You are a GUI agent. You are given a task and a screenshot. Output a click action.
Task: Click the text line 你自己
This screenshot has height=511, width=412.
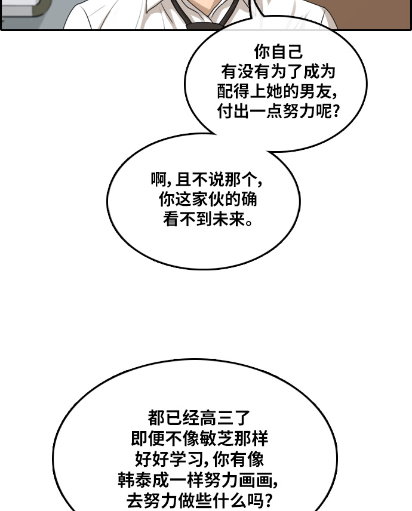278,52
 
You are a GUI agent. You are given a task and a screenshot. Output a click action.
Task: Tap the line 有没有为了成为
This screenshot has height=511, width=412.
278,72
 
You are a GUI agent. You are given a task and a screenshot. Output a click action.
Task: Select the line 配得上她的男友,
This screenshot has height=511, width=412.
278,92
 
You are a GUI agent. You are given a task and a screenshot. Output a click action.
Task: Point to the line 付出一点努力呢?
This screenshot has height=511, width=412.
278,112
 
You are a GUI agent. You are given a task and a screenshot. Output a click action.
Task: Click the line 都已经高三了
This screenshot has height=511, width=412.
199,418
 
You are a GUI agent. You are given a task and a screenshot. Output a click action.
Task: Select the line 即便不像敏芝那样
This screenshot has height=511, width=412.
199,439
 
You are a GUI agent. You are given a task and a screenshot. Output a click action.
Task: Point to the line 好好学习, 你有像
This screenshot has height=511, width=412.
199,460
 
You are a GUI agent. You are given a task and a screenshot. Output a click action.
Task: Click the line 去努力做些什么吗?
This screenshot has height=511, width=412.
199,500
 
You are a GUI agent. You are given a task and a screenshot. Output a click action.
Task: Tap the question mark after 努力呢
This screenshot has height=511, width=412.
335,112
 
